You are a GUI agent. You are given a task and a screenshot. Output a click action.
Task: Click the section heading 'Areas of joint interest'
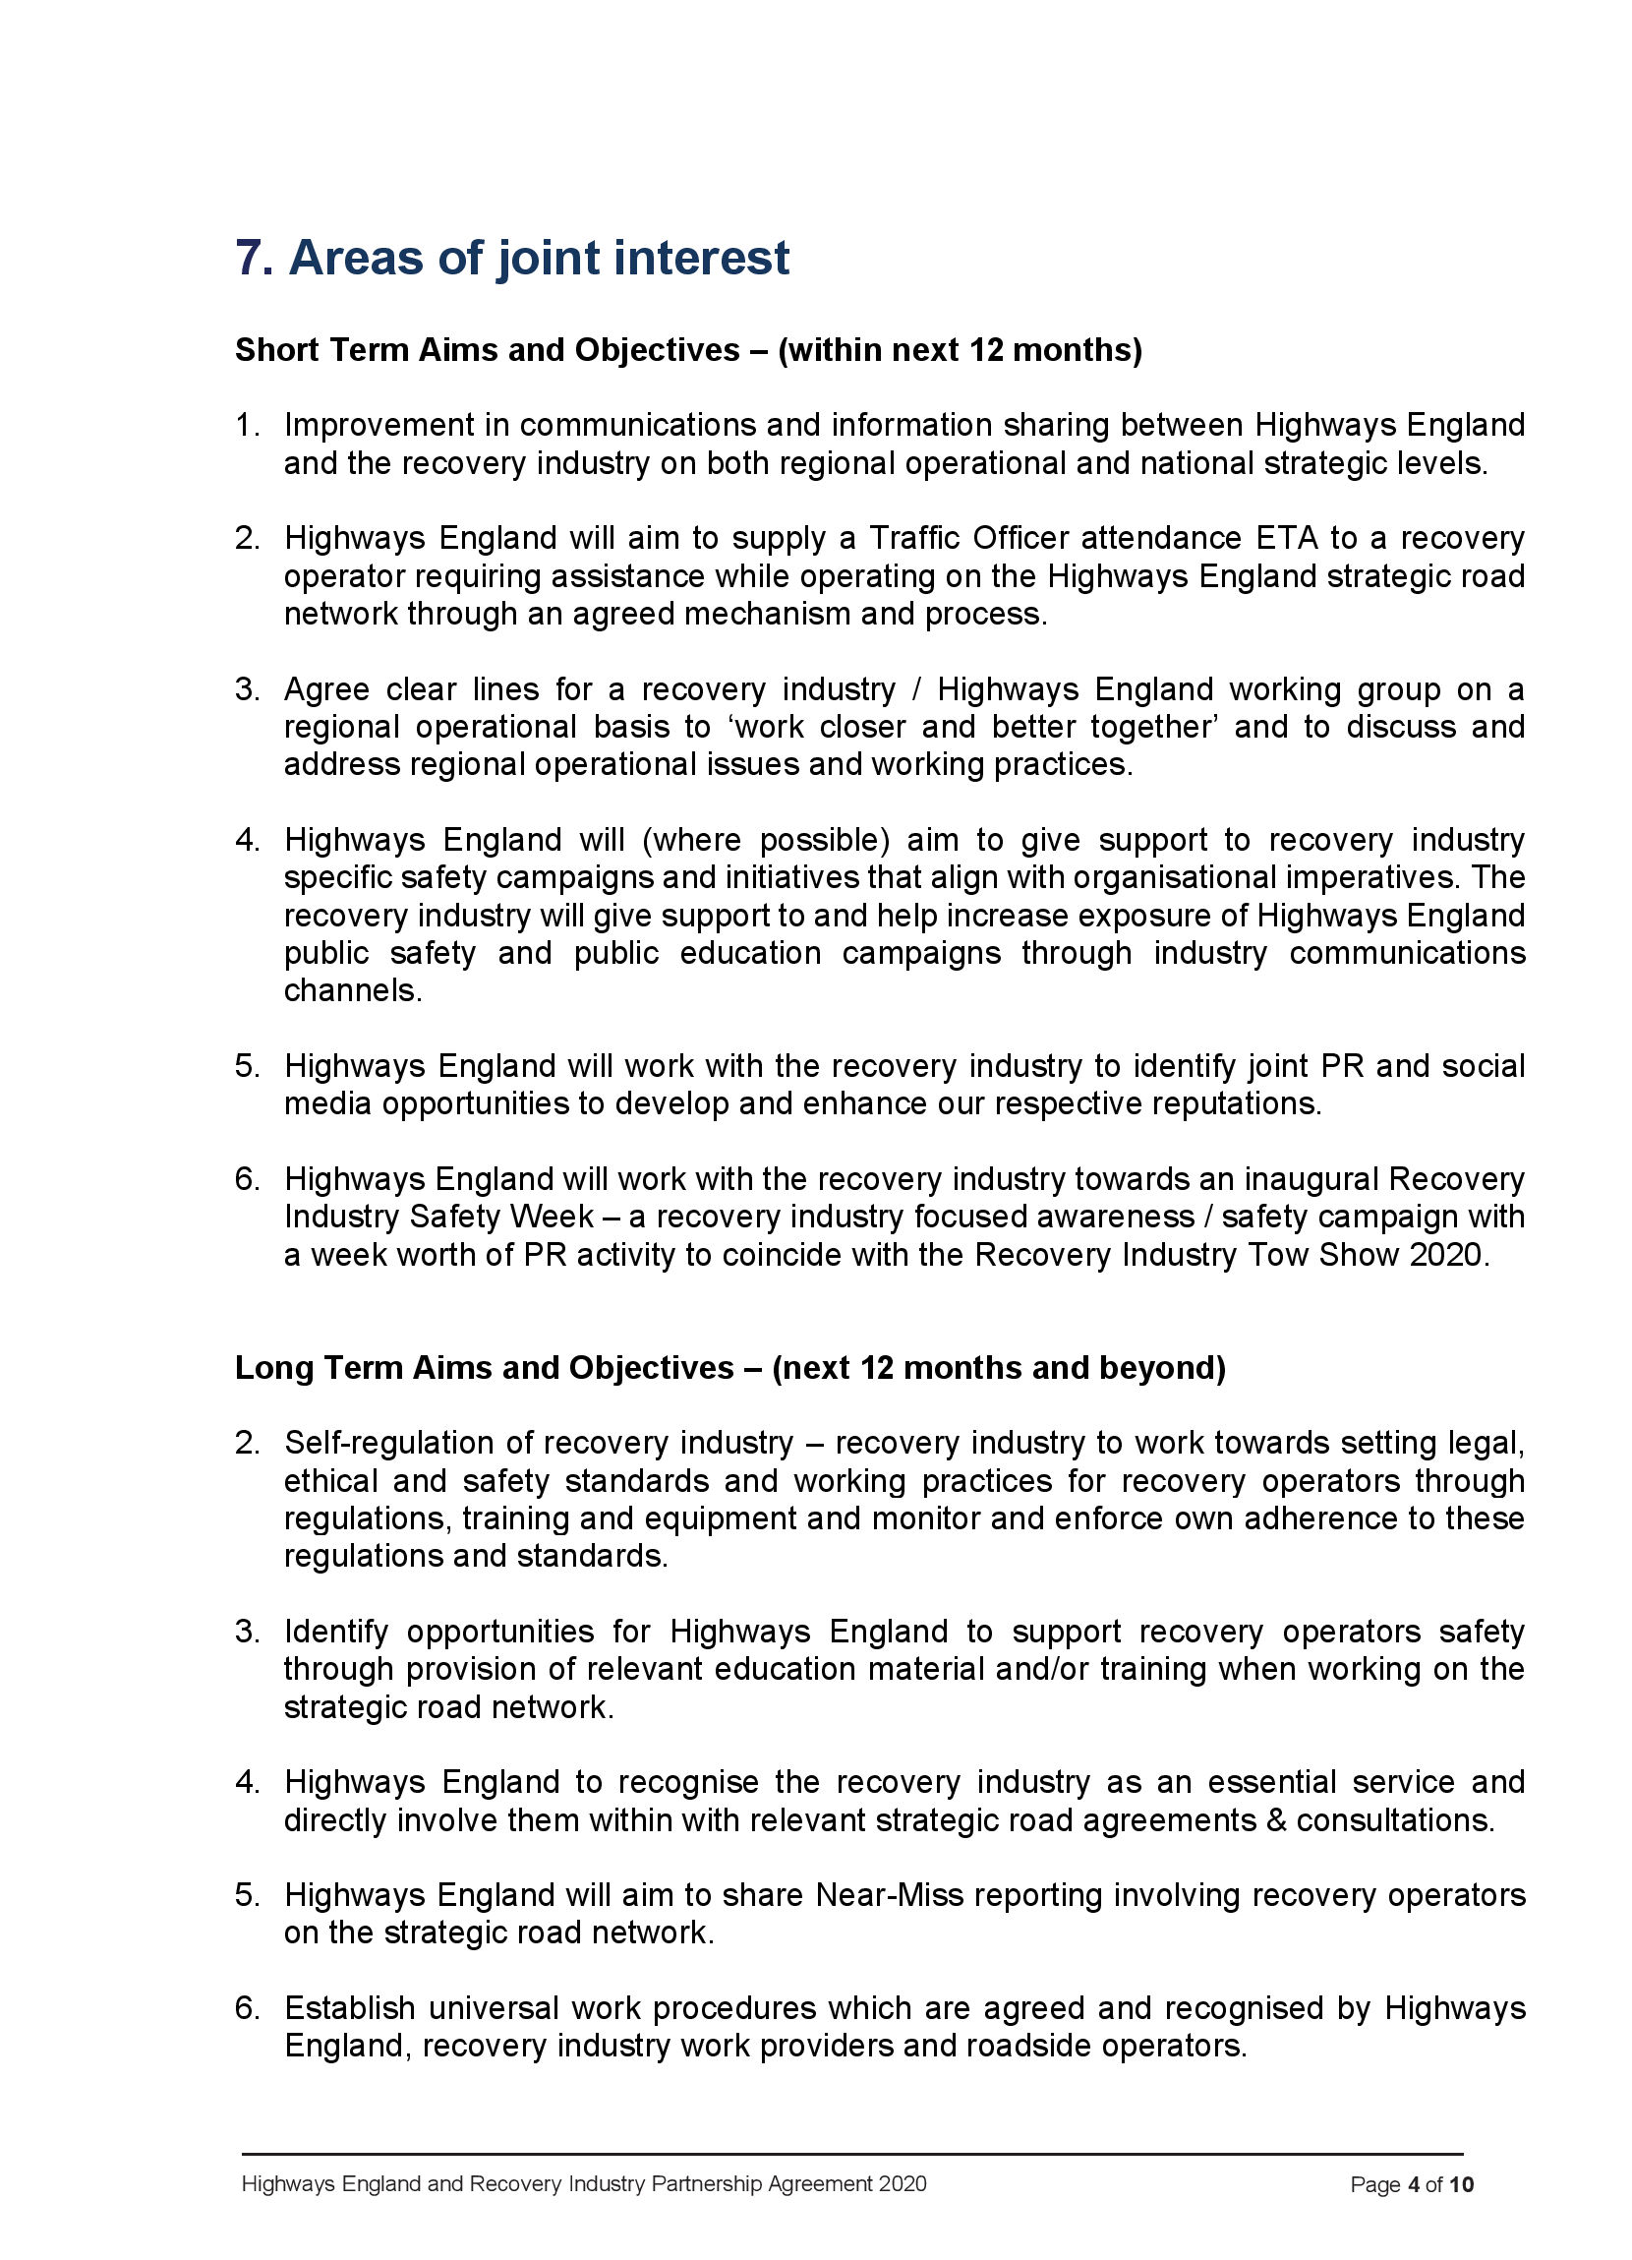tap(538, 258)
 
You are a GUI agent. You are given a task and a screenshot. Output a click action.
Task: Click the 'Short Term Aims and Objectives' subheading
tap(488, 350)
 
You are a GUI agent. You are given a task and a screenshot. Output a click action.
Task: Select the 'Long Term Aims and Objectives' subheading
tap(485, 1367)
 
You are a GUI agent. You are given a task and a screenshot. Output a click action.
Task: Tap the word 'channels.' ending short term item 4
tap(353, 990)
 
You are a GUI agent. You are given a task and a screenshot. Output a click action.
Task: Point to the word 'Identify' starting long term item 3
tap(336, 1632)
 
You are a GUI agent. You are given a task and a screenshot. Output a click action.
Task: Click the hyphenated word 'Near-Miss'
tap(889, 1894)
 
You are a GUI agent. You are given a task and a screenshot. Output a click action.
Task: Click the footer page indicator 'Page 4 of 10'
tap(1411, 2185)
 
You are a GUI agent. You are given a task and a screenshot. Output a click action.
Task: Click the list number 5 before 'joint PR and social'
tap(246, 1066)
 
